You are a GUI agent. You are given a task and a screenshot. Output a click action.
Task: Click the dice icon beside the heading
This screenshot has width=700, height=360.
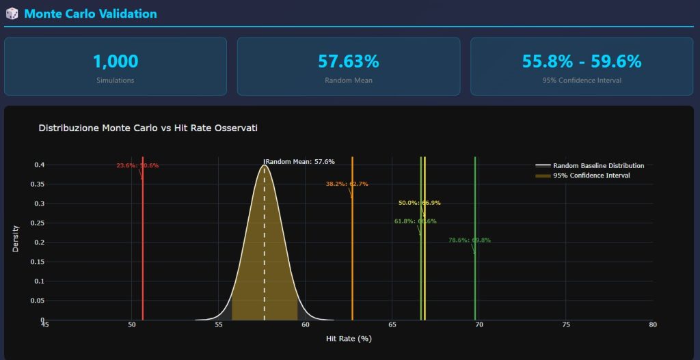tap(12, 14)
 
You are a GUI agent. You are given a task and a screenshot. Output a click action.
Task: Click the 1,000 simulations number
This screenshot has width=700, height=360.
tap(115, 61)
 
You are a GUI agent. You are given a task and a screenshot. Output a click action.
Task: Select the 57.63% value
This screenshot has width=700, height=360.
tap(348, 61)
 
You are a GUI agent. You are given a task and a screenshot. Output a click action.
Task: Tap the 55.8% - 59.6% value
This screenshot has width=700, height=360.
tap(582, 61)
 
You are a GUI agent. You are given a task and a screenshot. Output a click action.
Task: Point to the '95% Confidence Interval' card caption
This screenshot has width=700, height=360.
tap(582, 81)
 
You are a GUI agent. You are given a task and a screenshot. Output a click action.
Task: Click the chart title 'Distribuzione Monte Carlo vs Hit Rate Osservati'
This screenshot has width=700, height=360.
tap(148, 128)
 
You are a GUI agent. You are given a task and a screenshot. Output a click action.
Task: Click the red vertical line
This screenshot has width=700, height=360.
tap(142, 260)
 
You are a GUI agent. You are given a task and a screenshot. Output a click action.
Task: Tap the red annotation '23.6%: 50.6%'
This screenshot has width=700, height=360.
tap(137, 165)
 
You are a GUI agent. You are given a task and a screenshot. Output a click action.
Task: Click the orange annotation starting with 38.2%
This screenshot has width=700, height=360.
tap(347, 184)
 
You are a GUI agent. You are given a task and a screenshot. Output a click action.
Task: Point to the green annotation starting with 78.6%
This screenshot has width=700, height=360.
tap(469, 240)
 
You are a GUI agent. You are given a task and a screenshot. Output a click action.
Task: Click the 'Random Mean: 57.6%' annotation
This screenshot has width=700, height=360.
tap(299, 162)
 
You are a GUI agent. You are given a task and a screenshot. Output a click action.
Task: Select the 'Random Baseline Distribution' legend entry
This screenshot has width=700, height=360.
tap(598, 166)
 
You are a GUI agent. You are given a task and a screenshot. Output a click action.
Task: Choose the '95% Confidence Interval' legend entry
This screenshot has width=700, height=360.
tap(591, 176)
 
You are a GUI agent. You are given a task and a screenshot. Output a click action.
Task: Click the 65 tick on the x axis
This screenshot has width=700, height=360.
tap(391, 325)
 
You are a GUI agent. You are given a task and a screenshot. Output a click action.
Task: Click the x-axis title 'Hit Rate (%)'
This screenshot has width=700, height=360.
tap(349, 339)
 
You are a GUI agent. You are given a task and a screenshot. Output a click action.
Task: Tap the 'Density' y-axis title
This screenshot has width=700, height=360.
tap(16, 238)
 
